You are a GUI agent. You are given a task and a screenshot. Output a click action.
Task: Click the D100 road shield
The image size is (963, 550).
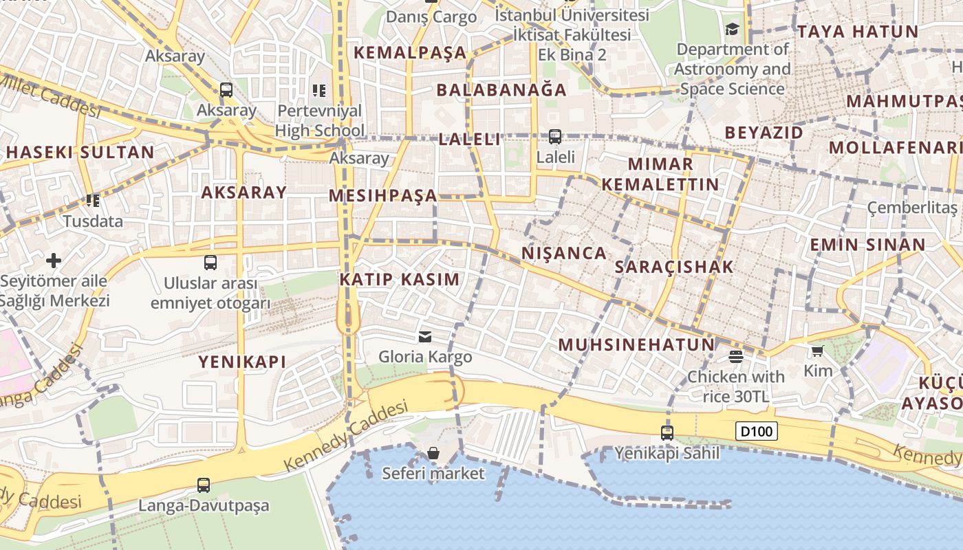pyautogui.click(x=757, y=432)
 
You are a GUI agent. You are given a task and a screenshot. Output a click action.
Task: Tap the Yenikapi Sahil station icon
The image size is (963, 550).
pyautogui.click(x=667, y=432)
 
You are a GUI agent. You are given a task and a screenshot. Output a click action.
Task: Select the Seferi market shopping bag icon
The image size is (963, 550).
pyautogui.click(x=433, y=453)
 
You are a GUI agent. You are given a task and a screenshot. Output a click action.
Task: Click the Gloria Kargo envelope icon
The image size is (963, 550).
pyautogui.click(x=425, y=336)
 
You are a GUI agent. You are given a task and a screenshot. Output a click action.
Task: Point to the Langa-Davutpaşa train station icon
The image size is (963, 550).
pyautogui.click(x=204, y=485)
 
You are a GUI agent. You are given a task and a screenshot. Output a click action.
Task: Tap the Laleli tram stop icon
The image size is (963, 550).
pyautogui.click(x=555, y=137)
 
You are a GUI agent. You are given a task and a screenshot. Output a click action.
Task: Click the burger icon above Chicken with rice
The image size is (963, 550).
pyautogui.click(x=736, y=356)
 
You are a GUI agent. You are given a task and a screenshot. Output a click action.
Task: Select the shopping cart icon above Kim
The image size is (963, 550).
pyautogui.click(x=817, y=351)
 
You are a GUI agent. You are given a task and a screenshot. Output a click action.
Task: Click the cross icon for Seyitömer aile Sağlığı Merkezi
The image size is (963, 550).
pyautogui.click(x=54, y=261)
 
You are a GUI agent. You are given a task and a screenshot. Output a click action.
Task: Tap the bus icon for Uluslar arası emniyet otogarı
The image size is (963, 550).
pyautogui.click(x=210, y=262)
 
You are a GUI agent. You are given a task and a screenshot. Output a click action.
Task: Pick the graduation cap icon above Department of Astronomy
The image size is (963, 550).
pyautogui.click(x=732, y=30)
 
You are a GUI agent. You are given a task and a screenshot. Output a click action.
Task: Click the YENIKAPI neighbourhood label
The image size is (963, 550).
pyautogui.click(x=242, y=362)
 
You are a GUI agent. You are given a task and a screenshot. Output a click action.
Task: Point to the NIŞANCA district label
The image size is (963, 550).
pyautogui.click(x=564, y=253)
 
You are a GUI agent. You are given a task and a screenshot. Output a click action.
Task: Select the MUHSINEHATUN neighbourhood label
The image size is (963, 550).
pyautogui.click(x=636, y=344)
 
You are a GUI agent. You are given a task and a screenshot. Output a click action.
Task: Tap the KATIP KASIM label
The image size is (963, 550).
pyautogui.click(x=399, y=279)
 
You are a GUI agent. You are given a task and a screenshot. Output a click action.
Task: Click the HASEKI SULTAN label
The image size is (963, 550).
pyautogui.click(x=80, y=153)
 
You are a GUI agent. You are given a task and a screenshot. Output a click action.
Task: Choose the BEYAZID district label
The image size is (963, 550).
pyautogui.click(x=764, y=132)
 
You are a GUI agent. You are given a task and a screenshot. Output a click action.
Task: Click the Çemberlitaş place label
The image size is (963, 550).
pyautogui.click(x=912, y=207)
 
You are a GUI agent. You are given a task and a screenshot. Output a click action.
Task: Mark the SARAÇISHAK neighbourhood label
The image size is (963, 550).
pyautogui.click(x=674, y=267)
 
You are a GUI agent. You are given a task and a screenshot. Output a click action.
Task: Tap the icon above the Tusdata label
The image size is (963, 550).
pyautogui.click(x=93, y=201)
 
